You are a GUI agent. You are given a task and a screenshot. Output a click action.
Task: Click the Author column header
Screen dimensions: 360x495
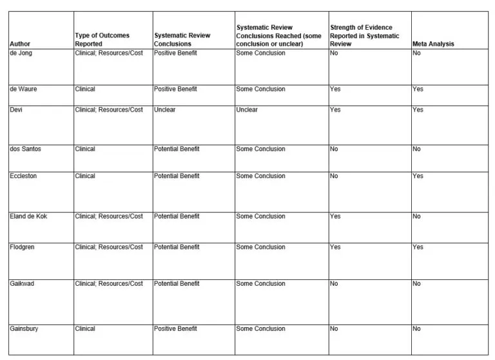pos(20,44)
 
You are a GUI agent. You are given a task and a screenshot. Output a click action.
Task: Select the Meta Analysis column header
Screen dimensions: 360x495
pos(433,44)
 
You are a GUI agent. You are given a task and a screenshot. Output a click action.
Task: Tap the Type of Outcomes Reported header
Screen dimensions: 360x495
pos(102,40)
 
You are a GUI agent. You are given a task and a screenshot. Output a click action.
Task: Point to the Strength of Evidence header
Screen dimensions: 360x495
pos(365,36)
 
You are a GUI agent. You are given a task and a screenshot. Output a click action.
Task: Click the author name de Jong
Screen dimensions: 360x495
pos(21,53)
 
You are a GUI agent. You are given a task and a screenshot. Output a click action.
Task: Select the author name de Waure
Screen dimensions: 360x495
pos(23,89)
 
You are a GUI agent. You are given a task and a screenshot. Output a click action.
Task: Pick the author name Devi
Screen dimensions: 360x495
pos(16,110)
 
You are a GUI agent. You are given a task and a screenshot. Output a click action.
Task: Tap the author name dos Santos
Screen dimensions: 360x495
pos(25,149)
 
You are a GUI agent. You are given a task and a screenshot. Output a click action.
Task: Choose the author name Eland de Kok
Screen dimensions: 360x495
pos(28,216)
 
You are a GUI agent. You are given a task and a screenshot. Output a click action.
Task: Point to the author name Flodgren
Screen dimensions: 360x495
pos(23,247)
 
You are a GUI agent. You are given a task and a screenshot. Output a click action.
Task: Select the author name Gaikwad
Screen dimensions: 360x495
pos(22,284)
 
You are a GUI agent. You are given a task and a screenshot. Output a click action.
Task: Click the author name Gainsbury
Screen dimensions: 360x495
pos(24,329)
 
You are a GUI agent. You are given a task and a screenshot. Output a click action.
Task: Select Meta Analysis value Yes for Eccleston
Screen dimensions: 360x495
pos(418,176)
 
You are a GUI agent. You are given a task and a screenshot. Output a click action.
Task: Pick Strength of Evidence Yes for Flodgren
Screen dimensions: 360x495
pos(335,247)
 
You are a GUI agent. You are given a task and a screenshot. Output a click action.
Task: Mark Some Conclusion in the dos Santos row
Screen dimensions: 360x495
pos(260,149)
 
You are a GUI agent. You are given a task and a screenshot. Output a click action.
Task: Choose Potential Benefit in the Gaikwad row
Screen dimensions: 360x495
pos(177,284)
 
